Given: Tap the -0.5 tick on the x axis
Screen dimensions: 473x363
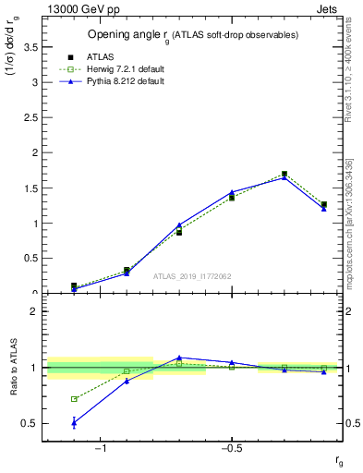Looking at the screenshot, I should point(231,448).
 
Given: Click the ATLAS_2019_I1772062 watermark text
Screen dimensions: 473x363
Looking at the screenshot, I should point(192,276).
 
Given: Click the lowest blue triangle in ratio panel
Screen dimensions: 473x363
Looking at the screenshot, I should point(74,422).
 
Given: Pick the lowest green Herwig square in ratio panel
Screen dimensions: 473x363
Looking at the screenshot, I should point(74,399).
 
